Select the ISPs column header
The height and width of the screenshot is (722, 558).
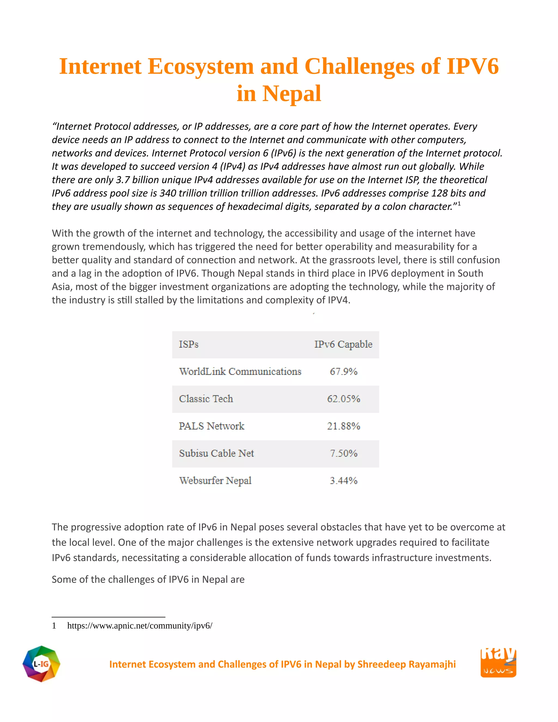click(x=189, y=344)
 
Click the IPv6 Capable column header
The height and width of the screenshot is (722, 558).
click(x=343, y=344)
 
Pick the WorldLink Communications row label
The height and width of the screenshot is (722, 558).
click(x=240, y=372)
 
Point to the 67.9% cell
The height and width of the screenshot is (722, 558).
click(x=344, y=372)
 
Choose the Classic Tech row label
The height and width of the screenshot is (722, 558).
click(x=206, y=399)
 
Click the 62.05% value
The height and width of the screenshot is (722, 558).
click(x=344, y=399)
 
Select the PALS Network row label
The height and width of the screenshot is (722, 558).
click(x=211, y=426)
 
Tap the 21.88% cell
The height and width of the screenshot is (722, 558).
click(x=344, y=426)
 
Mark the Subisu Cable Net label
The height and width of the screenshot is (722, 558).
click(x=217, y=453)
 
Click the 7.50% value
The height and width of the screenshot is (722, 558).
click(x=344, y=453)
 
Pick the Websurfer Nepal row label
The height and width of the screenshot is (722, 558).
click(x=215, y=481)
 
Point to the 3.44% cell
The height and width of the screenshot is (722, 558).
click(x=344, y=481)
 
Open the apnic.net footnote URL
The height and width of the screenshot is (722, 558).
click(x=139, y=626)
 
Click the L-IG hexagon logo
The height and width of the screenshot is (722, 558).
click(x=41, y=664)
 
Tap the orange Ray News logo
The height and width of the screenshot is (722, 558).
click(x=498, y=663)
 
